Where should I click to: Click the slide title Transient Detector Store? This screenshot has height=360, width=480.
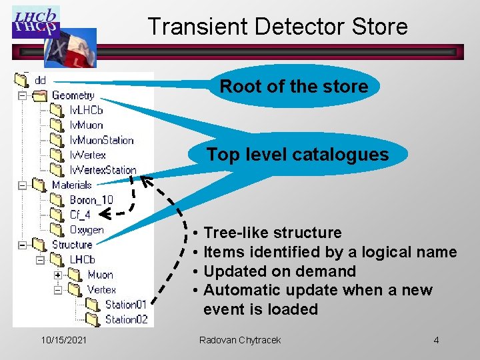tap(277, 27)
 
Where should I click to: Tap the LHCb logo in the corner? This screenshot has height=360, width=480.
tap(36, 21)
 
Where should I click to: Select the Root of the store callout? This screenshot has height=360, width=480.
tap(293, 87)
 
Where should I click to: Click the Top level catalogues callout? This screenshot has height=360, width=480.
tap(297, 155)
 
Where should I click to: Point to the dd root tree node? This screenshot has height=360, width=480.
tap(40, 80)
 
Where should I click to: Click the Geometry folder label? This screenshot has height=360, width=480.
tap(73, 95)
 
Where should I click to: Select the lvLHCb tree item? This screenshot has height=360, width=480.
tap(86, 110)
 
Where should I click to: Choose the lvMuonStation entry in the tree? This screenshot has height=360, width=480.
tap(101, 140)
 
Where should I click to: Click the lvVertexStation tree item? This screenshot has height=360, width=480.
tap(103, 170)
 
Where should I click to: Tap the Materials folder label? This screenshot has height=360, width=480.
tap(71, 185)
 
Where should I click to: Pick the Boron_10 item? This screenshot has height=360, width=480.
tap(91, 200)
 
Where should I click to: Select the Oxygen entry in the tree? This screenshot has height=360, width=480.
tap(87, 230)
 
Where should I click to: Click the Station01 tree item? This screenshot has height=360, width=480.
tap(126, 305)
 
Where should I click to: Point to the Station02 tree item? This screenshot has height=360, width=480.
tap(126, 319)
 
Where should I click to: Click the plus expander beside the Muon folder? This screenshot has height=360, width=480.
tap(58, 275)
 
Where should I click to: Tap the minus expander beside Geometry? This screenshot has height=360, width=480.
tap(22, 96)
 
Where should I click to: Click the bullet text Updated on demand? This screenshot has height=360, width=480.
tap(279, 271)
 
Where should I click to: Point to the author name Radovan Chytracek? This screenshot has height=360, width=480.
tap(240, 341)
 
